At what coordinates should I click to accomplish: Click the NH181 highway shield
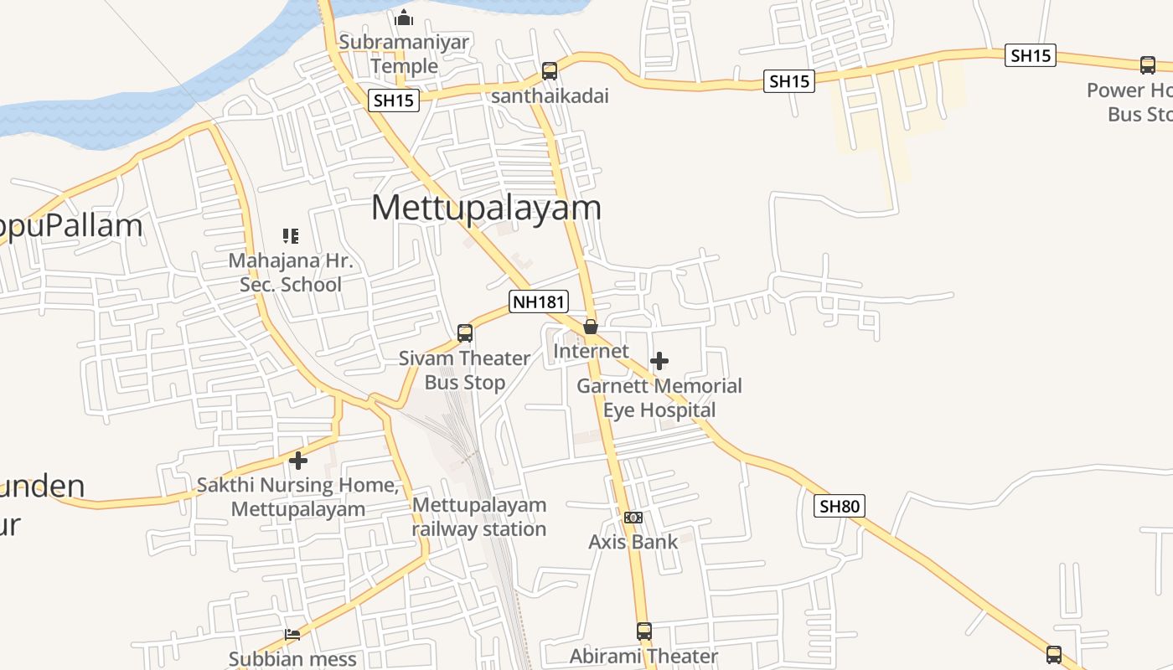click(539, 301)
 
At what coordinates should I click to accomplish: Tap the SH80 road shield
click(840, 506)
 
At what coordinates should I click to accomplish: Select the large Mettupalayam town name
click(486, 208)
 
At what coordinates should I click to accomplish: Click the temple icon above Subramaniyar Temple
click(404, 17)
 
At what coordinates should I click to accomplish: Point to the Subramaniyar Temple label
click(404, 54)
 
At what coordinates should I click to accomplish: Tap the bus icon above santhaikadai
click(549, 70)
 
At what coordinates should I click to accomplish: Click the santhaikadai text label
click(550, 96)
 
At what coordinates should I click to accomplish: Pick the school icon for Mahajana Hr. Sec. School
click(291, 236)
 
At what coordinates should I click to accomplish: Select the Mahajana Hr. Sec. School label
click(291, 273)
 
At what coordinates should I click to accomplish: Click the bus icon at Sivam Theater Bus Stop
click(465, 333)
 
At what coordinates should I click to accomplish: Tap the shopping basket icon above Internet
click(591, 327)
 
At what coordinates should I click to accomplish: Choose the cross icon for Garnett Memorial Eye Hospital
click(659, 361)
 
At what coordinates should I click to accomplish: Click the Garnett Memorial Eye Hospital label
click(659, 398)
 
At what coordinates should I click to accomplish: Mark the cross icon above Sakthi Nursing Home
click(298, 460)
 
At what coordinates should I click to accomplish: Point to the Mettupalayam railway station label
click(479, 517)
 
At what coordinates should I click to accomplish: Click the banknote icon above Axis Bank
click(633, 518)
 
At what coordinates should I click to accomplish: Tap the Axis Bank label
click(633, 542)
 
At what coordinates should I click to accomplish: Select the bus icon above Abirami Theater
click(643, 631)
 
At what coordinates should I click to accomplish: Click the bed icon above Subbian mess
click(292, 634)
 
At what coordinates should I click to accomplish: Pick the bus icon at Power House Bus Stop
click(1148, 64)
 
